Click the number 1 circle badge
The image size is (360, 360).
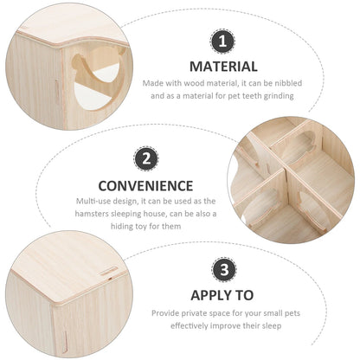(223, 40)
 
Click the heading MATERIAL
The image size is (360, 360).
(223, 66)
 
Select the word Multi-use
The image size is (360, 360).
(93, 200)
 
